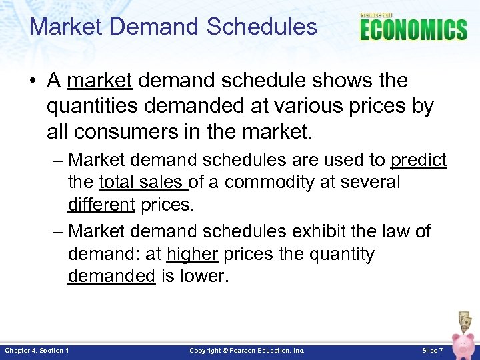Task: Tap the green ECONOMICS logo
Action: click(413, 30)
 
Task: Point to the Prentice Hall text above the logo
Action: click(377, 15)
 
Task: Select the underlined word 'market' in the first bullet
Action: click(100, 81)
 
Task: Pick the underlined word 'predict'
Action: click(418, 160)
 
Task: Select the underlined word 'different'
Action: click(101, 204)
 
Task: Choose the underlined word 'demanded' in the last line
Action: click(111, 276)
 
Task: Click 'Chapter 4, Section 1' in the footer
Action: click(37, 350)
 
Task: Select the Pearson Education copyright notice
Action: click(247, 350)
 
